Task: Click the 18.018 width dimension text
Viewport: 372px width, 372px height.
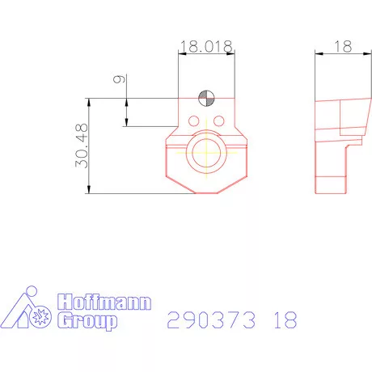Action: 206,47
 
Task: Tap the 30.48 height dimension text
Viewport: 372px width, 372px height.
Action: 80,146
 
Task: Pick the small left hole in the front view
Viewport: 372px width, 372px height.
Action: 194,121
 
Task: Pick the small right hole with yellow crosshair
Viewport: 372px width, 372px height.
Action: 218,121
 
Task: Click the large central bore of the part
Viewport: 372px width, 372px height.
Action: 206,153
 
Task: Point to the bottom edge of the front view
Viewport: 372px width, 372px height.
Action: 206,193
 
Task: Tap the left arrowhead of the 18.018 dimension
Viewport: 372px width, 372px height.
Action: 181,54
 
